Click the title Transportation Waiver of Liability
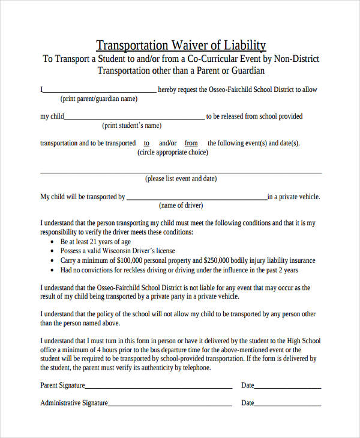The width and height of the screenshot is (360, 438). pos(181,46)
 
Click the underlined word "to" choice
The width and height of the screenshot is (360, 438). pos(147,143)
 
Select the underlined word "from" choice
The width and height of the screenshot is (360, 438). pos(191,143)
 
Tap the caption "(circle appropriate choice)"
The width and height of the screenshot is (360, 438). pos(173,152)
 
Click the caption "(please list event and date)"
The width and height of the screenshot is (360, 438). pos(181,178)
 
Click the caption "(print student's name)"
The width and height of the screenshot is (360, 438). pos(132,125)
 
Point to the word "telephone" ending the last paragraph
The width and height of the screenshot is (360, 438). pos(197,368)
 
